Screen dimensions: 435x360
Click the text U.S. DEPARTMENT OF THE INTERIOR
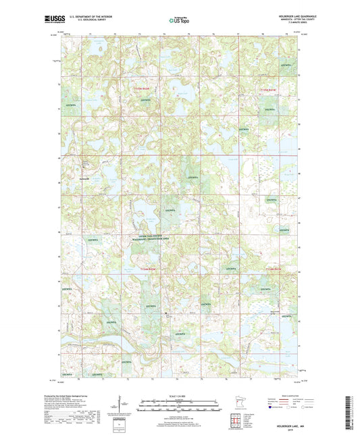point(88,18)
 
